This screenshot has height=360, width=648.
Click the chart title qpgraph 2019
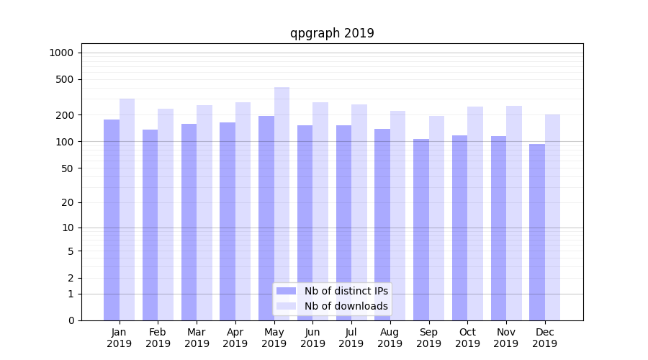click(x=332, y=33)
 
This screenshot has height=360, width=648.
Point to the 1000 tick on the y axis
click(x=61, y=53)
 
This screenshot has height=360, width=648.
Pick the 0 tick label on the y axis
click(x=71, y=320)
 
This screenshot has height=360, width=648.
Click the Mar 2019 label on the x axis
click(x=197, y=338)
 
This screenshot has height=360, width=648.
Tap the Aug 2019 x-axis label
click(x=390, y=338)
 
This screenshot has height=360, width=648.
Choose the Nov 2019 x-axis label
click(x=505, y=338)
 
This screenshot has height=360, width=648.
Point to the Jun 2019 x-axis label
click(x=312, y=338)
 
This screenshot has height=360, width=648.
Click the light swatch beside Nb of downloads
click(x=286, y=306)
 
